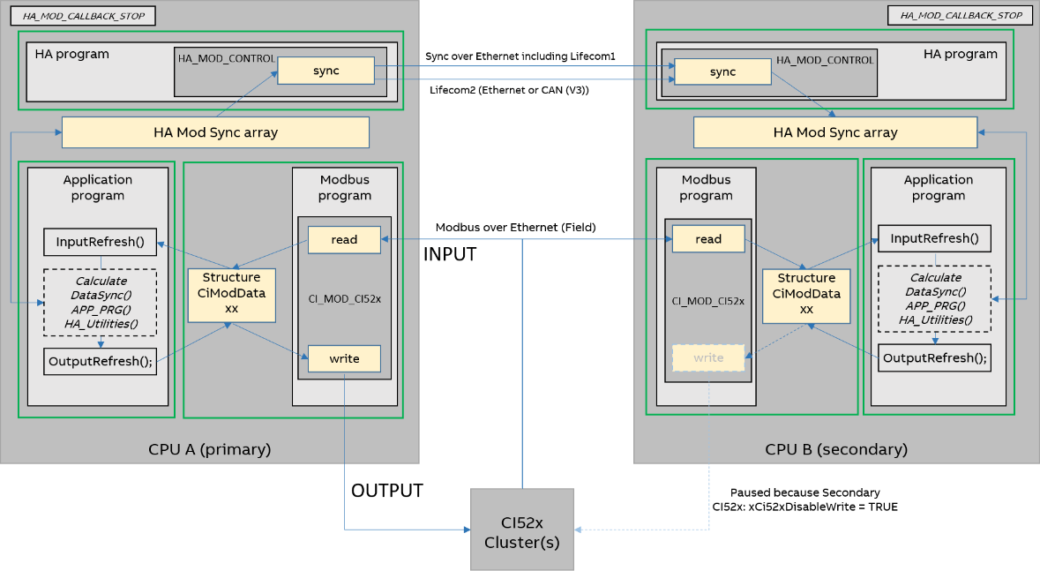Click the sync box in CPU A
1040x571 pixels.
click(325, 71)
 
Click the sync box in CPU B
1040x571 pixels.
click(722, 71)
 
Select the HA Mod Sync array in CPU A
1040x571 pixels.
click(215, 132)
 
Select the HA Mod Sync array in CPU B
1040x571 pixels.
click(834, 132)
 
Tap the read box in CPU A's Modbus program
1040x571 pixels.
click(344, 239)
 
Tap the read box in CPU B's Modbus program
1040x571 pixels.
click(708, 239)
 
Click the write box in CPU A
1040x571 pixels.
click(344, 358)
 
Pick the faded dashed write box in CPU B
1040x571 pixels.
click(708, 357)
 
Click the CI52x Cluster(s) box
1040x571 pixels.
click(521, 530)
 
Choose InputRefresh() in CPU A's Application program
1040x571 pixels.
click(100, 242)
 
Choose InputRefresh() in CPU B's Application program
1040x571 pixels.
click(934, 238)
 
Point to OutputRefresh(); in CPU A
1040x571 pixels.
click(100, 361)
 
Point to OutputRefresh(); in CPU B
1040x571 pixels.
click(934, 357)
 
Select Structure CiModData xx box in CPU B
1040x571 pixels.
click(805, 294)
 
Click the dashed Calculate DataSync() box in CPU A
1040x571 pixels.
click(100, 302)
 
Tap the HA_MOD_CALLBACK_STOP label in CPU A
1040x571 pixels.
click(83, 16)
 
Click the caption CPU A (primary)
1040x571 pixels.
click(209, 449)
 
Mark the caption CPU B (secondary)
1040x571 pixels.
click(835, 449)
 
